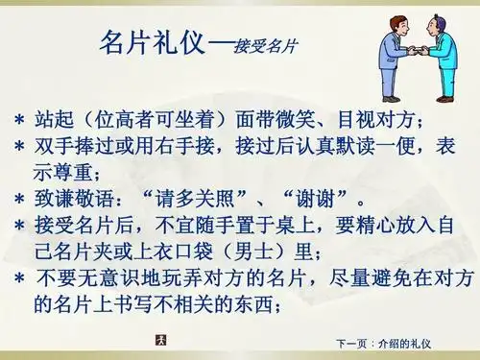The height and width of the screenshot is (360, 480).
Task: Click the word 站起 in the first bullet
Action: (x=54, y=121)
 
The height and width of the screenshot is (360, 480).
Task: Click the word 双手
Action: (x=54, y=148)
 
